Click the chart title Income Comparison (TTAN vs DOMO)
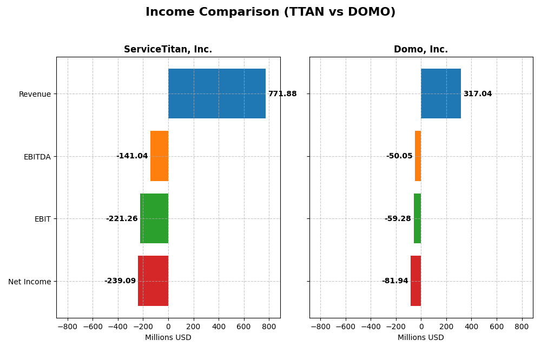tap(270, 12)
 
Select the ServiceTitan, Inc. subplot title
tap(168, 50)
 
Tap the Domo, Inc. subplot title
tap(420, 50)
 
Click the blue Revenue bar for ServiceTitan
tap(216, 94)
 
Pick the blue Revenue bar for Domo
tap(440, 94)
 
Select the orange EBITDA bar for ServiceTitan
tap(159, 156)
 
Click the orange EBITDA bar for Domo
tap(418, 156)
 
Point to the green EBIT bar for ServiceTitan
tap(154, 218)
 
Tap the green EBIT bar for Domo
tap(417, 218)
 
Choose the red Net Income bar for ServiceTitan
tap(153, 281)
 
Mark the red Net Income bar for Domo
tap(415, 281)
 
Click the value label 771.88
tap(282, 94)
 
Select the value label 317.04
tap(477, 94)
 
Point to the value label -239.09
tap(120, 281)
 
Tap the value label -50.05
tap(399, 156)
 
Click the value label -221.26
tap(122, 219)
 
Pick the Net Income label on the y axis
tap(29, 282)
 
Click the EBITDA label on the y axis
tap(37, 157)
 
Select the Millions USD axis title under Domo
tap(420, 338)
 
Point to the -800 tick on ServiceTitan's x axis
tap(68, 326)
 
